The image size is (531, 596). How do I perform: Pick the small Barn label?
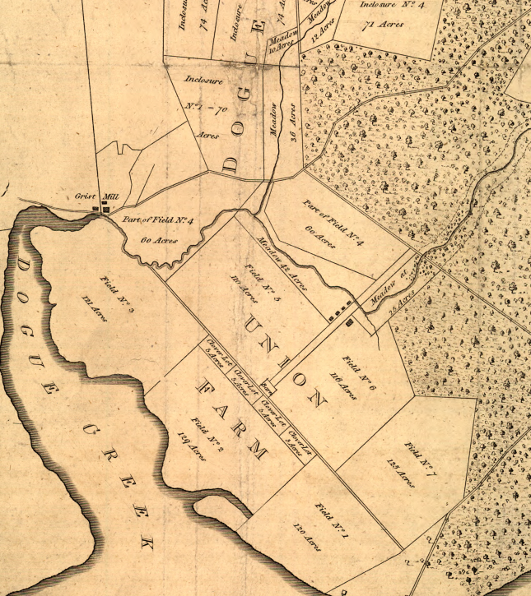266,385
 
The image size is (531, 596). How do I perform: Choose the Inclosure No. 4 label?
391,6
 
